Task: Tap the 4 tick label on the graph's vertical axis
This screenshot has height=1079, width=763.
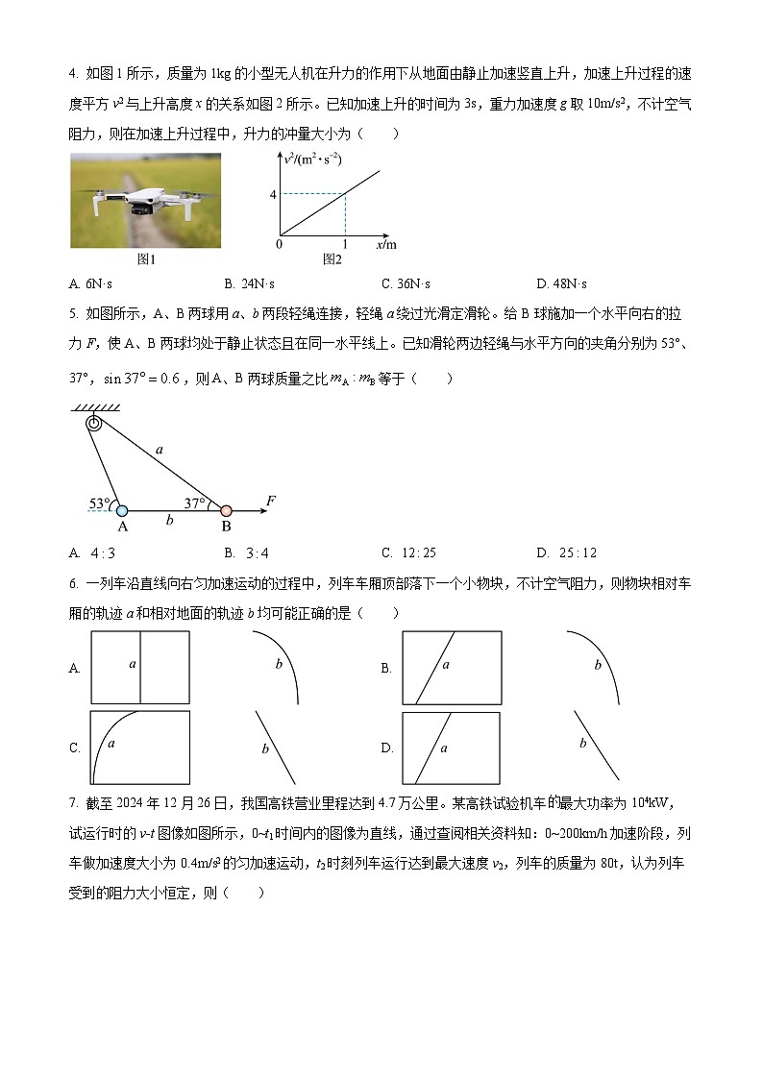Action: tap(273, 195)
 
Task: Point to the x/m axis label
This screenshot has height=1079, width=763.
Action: tap(387, 244)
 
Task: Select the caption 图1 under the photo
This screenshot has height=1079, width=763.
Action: tap(146, 259)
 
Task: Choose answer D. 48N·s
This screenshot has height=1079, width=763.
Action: tap(563, 283)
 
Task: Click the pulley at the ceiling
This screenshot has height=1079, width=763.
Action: tap(94, 423)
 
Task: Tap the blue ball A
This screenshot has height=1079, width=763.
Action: tap(122, 511)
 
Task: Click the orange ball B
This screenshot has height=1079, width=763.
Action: tap(226, 511)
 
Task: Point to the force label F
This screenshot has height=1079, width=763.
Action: tap(271, 501)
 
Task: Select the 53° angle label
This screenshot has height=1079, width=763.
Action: tap(100, 503)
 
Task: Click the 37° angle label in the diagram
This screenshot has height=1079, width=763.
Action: tap(196, 503)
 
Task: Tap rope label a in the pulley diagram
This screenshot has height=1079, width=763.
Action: tap(159, 449)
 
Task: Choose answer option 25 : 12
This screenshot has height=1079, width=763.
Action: tap(567, 552)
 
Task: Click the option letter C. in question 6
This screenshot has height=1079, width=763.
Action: tap(75, 748)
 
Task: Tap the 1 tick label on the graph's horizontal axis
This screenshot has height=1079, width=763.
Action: tap(344, 244)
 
